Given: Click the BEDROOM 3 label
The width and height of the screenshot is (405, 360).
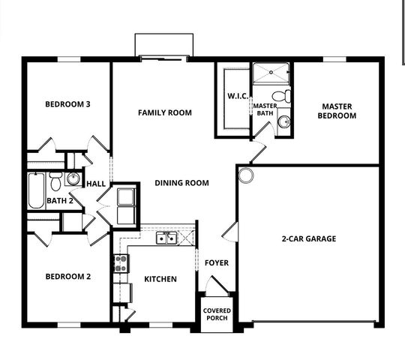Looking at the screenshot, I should click(67, 104).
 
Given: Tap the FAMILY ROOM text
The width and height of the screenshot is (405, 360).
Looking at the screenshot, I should click(164, 112).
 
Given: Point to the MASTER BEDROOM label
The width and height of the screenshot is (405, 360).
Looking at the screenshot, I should click(337, 111).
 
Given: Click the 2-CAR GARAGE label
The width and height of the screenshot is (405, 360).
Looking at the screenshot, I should click(309, 238).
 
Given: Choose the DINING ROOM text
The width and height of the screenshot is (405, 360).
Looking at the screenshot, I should click(181, 182).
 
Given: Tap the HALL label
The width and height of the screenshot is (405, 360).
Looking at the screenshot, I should click(95, 184).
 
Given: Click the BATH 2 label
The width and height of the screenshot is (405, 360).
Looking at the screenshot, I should click(59, 201).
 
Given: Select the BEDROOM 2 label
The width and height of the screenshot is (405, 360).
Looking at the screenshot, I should click(67, 276).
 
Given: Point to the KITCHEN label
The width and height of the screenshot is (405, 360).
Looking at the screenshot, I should click(160, 279).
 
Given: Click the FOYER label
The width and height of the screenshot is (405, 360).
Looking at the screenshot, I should click(217, 262).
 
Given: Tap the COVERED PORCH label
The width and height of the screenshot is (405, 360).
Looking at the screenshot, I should click(217, 314).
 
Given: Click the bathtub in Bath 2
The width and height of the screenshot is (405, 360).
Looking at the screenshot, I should click(36, 190).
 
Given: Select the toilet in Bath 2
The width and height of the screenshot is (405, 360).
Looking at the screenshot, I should click(55, 181).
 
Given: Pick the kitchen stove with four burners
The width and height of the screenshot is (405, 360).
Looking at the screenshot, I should click(120, 262).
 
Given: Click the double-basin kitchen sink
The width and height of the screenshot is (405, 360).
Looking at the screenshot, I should click(166, 238).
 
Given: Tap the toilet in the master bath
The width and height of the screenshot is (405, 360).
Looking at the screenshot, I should click(281, 96).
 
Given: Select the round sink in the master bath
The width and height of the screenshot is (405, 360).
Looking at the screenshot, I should click(283, 121).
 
